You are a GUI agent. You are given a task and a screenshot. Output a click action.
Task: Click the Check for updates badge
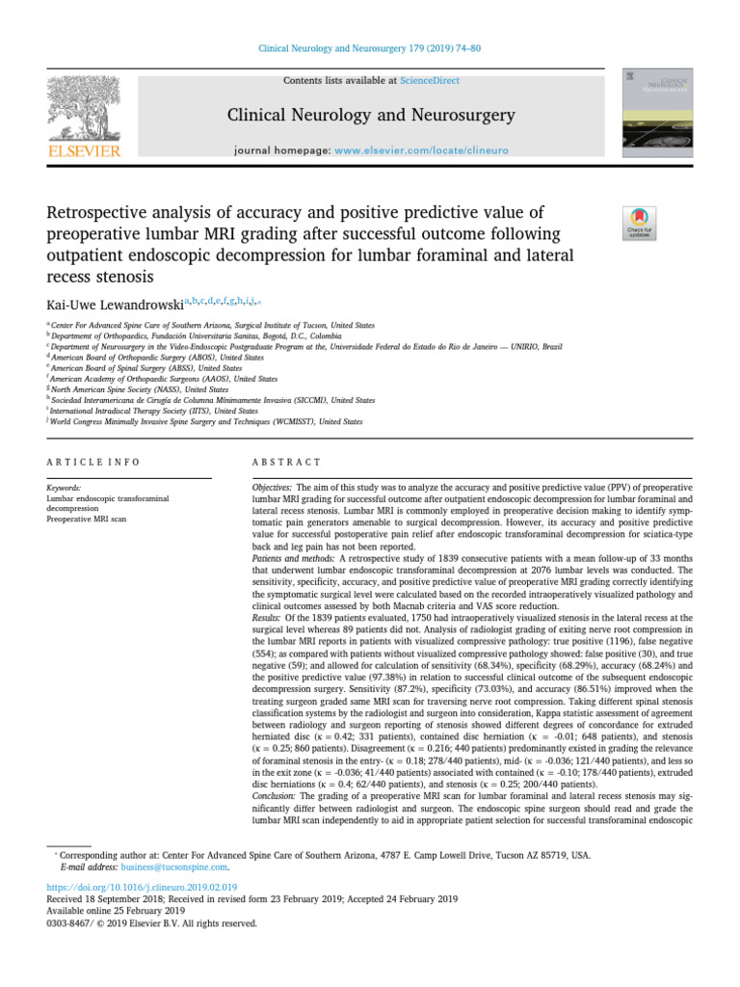640,224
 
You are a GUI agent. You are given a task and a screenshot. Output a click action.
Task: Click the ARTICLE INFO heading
92,463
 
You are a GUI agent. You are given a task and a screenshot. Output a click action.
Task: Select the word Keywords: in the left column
64,489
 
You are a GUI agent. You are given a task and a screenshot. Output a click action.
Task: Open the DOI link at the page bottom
142,886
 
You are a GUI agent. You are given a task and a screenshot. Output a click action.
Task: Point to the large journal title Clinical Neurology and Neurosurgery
370,117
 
